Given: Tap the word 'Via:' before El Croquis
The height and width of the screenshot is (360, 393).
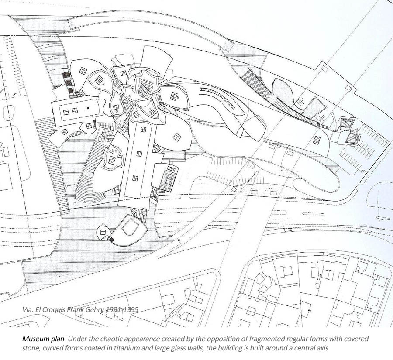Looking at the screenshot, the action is coord(28,309).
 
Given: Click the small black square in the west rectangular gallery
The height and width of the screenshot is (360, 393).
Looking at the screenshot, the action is coord(88,107).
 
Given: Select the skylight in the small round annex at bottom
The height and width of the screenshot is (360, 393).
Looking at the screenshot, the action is coord(103,232).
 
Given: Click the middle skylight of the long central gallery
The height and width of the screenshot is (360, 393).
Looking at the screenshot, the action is coord(139,154).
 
